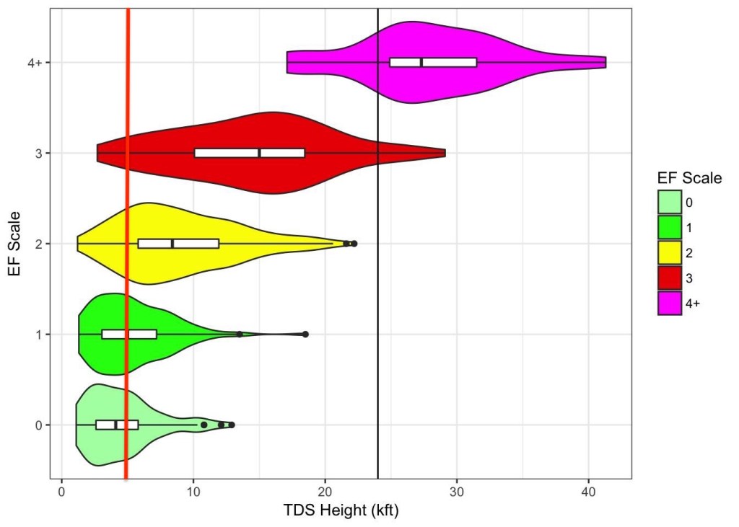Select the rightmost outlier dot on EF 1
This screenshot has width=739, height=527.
(x=305, y=335)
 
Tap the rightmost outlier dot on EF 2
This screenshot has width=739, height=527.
(x=354, y=244)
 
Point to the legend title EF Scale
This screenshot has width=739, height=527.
(x=688, y=178)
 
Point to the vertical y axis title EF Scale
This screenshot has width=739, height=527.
(x=14, y=243)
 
